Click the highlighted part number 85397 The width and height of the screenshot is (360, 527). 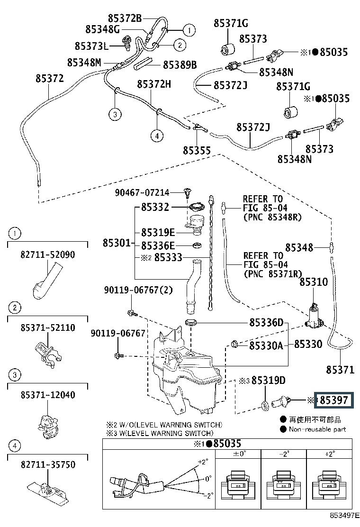tap(334, 400)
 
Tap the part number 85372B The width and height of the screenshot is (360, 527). tap(125, 18)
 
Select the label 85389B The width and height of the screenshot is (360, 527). tap(180, 64)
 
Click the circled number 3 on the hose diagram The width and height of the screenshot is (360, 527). tap(115, 114)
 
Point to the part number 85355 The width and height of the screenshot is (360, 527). tap(197, 151)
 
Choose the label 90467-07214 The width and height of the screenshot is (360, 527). tap(142, 192)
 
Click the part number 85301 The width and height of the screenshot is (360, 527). tap(117, 243)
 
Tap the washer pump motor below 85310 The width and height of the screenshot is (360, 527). tap(315, 317)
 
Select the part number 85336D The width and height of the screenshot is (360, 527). tap(266, 323)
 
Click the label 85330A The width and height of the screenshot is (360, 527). tap(266, 345)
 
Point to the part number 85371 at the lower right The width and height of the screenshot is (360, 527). tap(340, 370)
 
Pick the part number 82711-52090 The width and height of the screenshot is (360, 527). tap(48, 254)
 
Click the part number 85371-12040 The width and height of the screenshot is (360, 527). tap(48, 395)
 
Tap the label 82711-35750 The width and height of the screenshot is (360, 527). tap(48, 464)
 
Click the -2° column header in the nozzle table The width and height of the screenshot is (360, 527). tap(284, 454)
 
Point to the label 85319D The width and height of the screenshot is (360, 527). tap(268, 380)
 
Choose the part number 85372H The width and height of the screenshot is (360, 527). tap(154, 84)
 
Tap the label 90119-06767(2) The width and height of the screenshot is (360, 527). tap(138, 290)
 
